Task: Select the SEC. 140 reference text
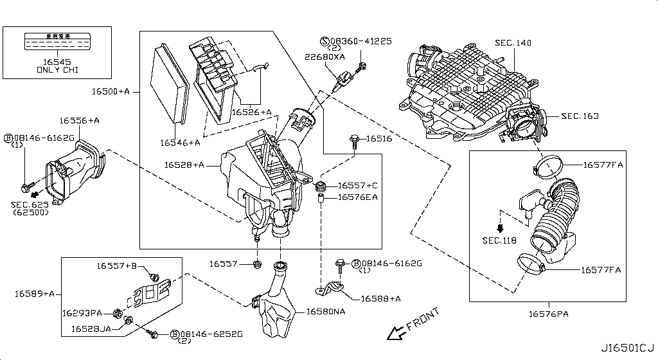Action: click(513, 42)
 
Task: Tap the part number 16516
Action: click(379, 138)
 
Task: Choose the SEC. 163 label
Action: click(580, 116)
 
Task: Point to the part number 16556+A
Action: click(80, 120)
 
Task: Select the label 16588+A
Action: click(380, 298)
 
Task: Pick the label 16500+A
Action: click(110, 92)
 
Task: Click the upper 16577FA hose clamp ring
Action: click(547, 168)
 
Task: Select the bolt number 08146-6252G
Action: click(211, 334)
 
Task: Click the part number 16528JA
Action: click(91, 328)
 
